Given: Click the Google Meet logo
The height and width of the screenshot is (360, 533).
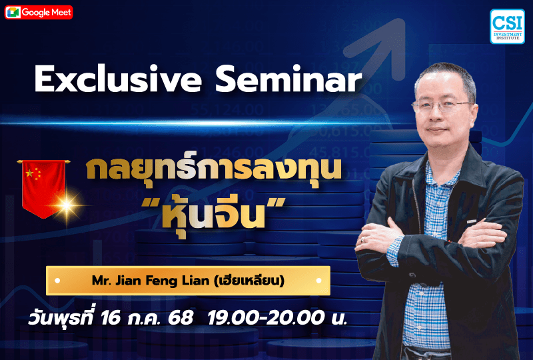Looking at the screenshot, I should point(39,12).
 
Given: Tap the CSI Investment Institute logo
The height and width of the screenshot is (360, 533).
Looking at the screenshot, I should point(506,27).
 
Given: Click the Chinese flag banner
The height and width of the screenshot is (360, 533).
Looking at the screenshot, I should point(43,187).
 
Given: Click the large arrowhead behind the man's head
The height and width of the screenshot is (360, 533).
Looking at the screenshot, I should point(393,37).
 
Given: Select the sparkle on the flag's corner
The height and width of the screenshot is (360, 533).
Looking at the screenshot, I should point(67,206).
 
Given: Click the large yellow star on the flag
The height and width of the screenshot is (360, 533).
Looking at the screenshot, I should point(29,174).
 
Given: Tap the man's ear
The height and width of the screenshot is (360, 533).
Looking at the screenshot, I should point(474,110).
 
